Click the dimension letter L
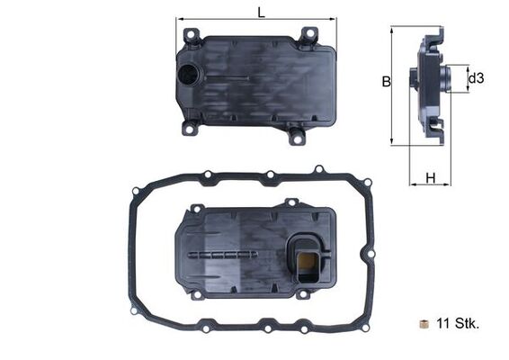pyautogui.click(x=261, y=13)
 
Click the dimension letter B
pyautogui.click(x=386, y=82)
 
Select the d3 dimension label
pyautogui.click(x=477, y=79)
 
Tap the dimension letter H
pyautogui.click(x=431, y=178)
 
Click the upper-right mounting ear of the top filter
pyautogui.click(x=308, y=35)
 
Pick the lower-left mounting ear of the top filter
pyautogui.click(x=190, y=129)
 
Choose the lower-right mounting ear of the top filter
pyautogui.click(x=297, y=137)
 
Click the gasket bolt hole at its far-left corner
pyautogui.click(x=136, y=191)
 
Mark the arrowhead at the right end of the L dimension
pyautogui.click(x=334, y=17)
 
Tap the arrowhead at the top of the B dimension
pyautogui.click(x=392, y=29)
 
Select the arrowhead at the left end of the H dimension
pyautogui.click(x=412, y=184)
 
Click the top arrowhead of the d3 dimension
pyautogui.click(x=466, y=67)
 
